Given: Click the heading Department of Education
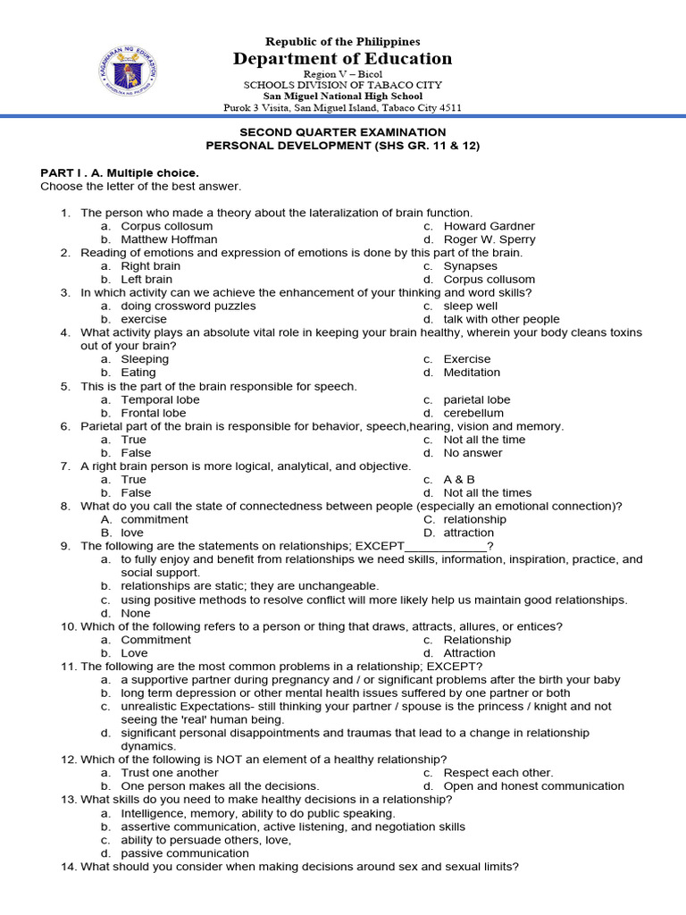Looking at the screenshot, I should pos(343,59).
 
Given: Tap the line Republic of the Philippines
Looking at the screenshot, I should pos(343,42).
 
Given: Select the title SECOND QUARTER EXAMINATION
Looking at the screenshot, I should pos(343,131).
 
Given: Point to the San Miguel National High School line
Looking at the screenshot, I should pos(343,97).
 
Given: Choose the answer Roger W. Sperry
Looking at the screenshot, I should pos(489,239).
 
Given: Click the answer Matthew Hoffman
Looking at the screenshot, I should pos(169,239).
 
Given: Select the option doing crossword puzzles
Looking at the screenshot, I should pos(188,306).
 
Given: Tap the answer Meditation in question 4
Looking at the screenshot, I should pos(472,373).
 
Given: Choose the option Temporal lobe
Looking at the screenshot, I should pos(161,399).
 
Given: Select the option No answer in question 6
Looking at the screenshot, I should pos(473,453).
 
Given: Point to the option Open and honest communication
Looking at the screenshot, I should pos(533,785).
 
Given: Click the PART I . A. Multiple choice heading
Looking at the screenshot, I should pos(119,172).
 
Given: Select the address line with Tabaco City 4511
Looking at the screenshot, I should pos(343,108).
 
